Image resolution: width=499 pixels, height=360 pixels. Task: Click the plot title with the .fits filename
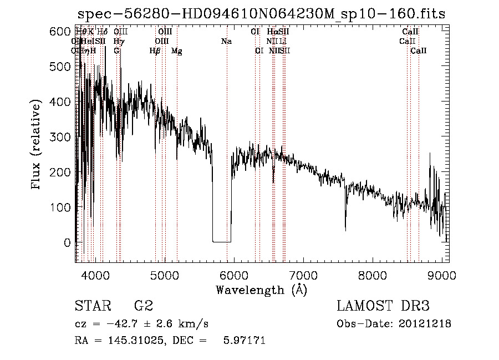coord(261,14)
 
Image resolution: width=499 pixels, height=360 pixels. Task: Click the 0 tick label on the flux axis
coord(67,242)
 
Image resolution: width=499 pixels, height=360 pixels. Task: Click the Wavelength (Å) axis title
coord(261,290)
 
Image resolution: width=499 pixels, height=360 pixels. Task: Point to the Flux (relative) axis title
coord(37,145)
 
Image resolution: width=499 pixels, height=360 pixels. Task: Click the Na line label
coord(226,42)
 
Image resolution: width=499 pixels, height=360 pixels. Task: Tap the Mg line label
coord(176,51)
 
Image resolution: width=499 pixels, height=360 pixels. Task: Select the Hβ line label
coord(155,51)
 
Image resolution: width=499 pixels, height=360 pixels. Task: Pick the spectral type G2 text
coord(144,306)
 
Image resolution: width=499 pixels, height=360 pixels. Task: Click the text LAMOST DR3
coord(383,306)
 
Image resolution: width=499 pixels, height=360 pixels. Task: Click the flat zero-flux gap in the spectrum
coord(222,241)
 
